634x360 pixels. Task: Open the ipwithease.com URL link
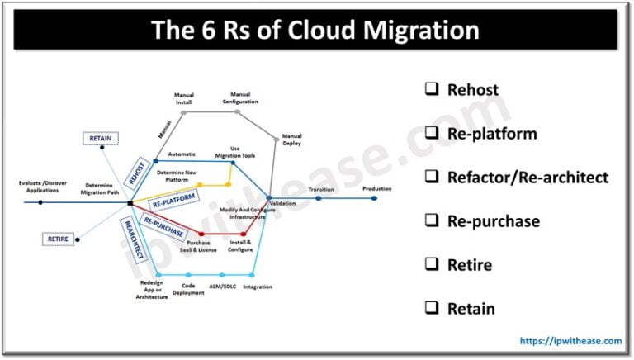coord(569,340)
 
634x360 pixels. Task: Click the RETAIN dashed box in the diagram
coord(100,138)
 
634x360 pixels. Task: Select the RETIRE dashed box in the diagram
coord(57,239)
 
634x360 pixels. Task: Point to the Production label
coord(376,189)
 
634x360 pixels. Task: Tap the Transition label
coord(321,190)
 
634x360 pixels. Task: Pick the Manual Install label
coord(183,98)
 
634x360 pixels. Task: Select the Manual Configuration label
coord(240,98)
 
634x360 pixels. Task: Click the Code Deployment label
coord(189,289)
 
